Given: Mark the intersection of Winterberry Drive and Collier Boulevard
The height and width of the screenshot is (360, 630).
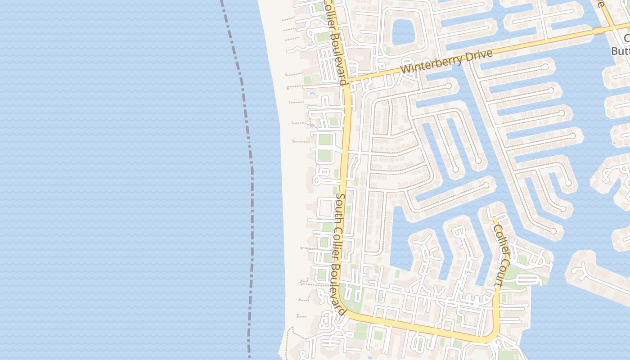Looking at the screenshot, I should pyautogui.click(x=346, y=81).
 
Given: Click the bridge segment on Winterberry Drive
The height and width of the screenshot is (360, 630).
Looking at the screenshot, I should pyautogui.click(x=598, y=30).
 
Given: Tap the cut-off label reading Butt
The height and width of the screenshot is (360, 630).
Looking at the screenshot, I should pyautogui.click(x=620, y=51).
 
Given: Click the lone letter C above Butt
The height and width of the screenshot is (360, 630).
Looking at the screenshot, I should pyautogui.click(x=627, y=39).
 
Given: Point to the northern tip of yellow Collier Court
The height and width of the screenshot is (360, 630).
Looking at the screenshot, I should pyautogui.click(x=494, y=219).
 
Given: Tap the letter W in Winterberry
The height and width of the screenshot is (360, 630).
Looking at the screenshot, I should pyautogui.click(x=405, y=70).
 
